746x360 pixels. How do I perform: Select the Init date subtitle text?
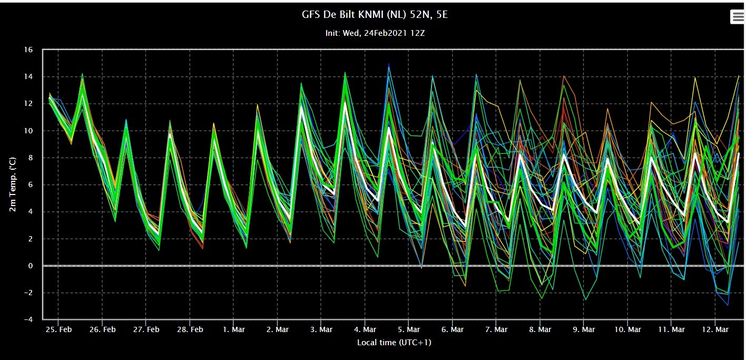[x=375, y=33]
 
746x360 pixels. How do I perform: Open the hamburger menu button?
[x=738, y=17]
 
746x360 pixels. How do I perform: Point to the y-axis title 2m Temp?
[x=12, y=184]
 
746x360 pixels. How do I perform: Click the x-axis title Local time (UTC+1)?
[x=394, y=342]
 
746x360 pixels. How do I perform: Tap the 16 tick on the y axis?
[x=28, y=50]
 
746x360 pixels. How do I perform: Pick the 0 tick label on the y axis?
[x=31, y=266]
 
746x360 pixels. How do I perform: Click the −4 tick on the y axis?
[x=28, y=319]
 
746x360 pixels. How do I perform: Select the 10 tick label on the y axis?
[x=28, y=131]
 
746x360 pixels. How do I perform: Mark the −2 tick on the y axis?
[x=28, y=293]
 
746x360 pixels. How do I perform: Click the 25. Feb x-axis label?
[x=58, y=329]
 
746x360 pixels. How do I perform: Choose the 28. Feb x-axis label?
[x=190, y=329]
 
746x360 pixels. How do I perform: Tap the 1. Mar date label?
[x=234, y=329]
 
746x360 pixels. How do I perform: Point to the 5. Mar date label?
[x=409, y=329]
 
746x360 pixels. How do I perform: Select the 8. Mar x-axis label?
[x=540, y=329]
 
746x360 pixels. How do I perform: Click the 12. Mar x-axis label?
[x=715, y=329]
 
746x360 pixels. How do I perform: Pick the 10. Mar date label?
[x=627, y=329]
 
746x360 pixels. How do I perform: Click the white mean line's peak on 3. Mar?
[x=345, y=103]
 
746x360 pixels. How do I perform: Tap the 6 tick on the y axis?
[x=31, y=184]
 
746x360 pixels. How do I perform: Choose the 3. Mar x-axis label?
[x=321, y=329]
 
